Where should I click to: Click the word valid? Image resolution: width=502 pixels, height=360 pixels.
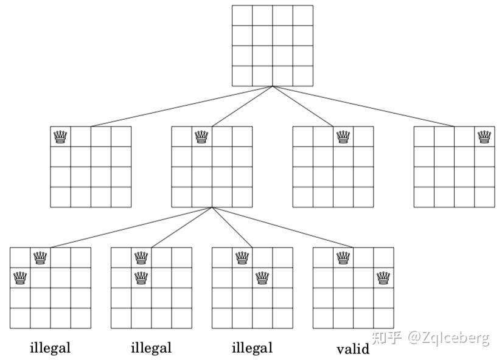353,348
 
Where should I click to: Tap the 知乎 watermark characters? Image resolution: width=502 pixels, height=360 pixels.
387,338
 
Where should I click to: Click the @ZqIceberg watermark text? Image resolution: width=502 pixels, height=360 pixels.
448,338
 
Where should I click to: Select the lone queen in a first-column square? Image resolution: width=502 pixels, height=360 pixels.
60,137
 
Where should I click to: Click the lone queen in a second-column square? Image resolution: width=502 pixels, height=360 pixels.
201,137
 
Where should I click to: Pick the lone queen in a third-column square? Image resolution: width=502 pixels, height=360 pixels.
343,137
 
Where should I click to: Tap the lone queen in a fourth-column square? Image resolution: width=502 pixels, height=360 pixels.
484,137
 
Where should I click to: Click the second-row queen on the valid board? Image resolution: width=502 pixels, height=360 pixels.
383,278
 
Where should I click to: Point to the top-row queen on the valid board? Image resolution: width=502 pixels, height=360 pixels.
343,258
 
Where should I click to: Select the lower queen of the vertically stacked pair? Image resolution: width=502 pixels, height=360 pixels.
141,278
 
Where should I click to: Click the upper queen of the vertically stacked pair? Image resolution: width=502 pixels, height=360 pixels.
141,258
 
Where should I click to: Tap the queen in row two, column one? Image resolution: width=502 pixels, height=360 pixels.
20,278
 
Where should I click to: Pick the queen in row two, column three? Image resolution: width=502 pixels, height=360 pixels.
262,278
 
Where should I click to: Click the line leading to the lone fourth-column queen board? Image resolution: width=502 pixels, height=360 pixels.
363,106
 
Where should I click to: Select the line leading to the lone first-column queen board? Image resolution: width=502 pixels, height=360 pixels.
181,106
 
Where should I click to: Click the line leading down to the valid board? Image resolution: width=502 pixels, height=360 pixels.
282,227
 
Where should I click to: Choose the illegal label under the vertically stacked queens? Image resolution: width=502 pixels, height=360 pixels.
151,347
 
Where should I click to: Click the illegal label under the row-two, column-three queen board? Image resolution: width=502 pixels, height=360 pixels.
252,347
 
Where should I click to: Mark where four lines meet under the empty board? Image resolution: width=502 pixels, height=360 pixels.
273,86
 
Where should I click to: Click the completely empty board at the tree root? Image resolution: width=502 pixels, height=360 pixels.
273,46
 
